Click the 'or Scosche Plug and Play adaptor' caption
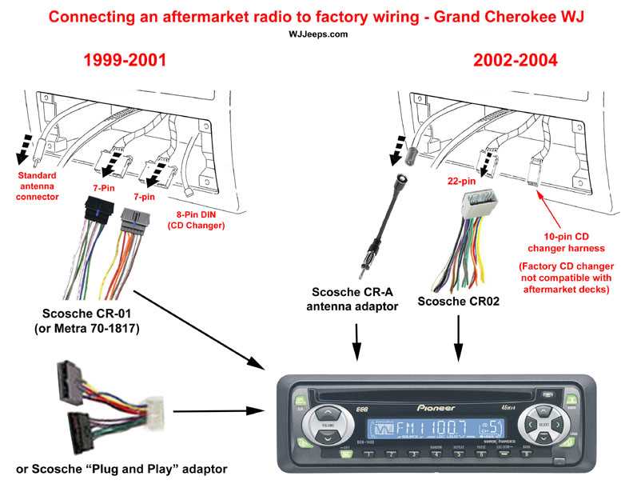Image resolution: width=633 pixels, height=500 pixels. pos(121,467)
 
